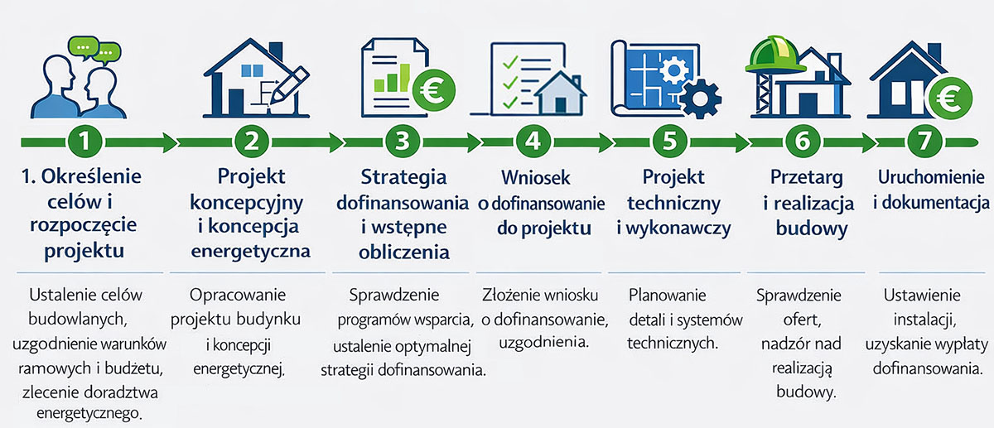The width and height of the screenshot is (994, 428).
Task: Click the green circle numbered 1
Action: coord(85,142)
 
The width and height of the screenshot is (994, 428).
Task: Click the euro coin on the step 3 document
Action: coord(432,86)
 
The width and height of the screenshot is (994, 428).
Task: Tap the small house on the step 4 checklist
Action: coord(561,93)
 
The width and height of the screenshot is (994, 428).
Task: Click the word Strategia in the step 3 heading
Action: coord(403,177)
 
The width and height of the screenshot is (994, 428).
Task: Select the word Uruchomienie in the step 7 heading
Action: coord(931,177)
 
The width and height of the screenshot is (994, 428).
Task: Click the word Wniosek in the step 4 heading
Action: coord(532,178)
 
